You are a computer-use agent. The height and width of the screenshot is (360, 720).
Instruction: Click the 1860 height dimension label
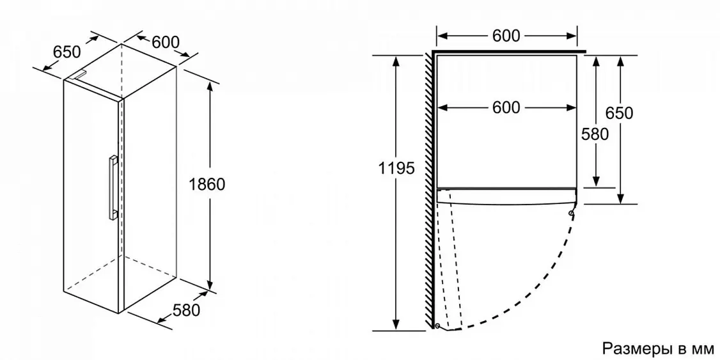tap(207, 184)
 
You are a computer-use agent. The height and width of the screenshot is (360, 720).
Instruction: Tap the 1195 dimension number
tap(396, 169)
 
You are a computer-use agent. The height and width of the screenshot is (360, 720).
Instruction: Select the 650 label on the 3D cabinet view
tap(67, 52)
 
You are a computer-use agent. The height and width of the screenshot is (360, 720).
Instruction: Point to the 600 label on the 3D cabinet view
tap(166, 42)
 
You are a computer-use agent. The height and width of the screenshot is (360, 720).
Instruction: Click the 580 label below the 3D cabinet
tap(187, 310)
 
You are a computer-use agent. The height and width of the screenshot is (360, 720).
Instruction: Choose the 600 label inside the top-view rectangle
tap(506, 107)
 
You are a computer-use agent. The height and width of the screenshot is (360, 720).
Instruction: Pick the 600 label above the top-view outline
tap(506, 36)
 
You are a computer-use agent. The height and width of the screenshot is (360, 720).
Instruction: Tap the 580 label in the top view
tap(595, 134)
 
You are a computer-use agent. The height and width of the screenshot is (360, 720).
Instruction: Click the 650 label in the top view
tap(619, 113)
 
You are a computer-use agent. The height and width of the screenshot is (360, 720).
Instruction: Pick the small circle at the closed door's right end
tap(571, 212)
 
